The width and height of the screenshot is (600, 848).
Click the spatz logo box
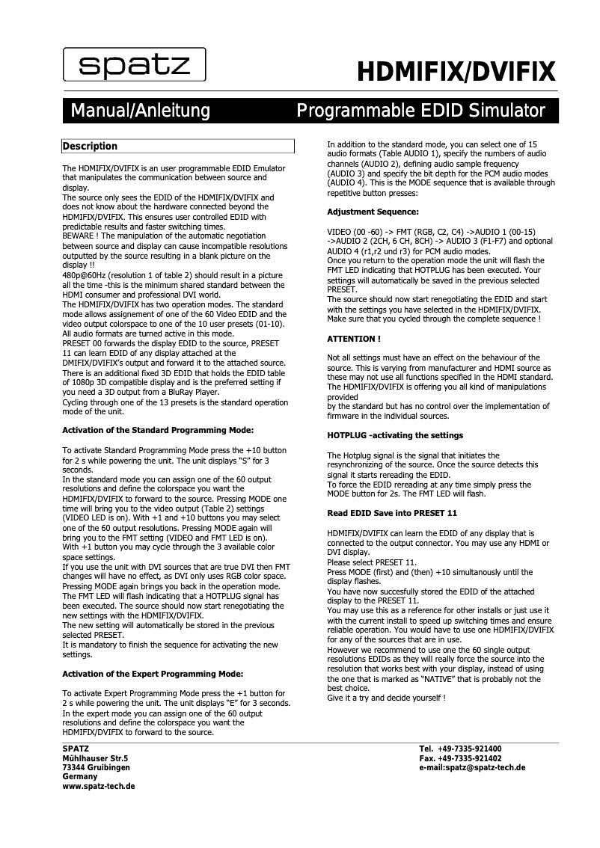(x=135, y=66)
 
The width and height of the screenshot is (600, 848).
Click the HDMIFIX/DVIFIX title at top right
(x=456, y=73)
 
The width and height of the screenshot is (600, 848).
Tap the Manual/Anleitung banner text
(x=140, y=112)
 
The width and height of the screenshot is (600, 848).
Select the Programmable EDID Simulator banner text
(x=420, y=112)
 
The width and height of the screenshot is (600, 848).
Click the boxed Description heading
(x=90, y=147)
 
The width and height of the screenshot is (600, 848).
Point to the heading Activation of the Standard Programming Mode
(x=158, y=430)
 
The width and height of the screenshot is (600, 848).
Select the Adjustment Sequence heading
(x=373, y=212)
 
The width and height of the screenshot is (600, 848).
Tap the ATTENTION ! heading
(x=354, y=339)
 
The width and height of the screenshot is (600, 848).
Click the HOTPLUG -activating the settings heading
(x=395, y=435)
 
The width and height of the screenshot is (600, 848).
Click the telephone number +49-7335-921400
(x=471, y=749)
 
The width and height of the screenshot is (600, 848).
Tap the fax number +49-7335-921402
(x=471, y=758)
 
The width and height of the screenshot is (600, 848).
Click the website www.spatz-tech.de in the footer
(x=99, y=787)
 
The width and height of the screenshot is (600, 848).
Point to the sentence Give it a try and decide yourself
(x=386, y=698)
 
